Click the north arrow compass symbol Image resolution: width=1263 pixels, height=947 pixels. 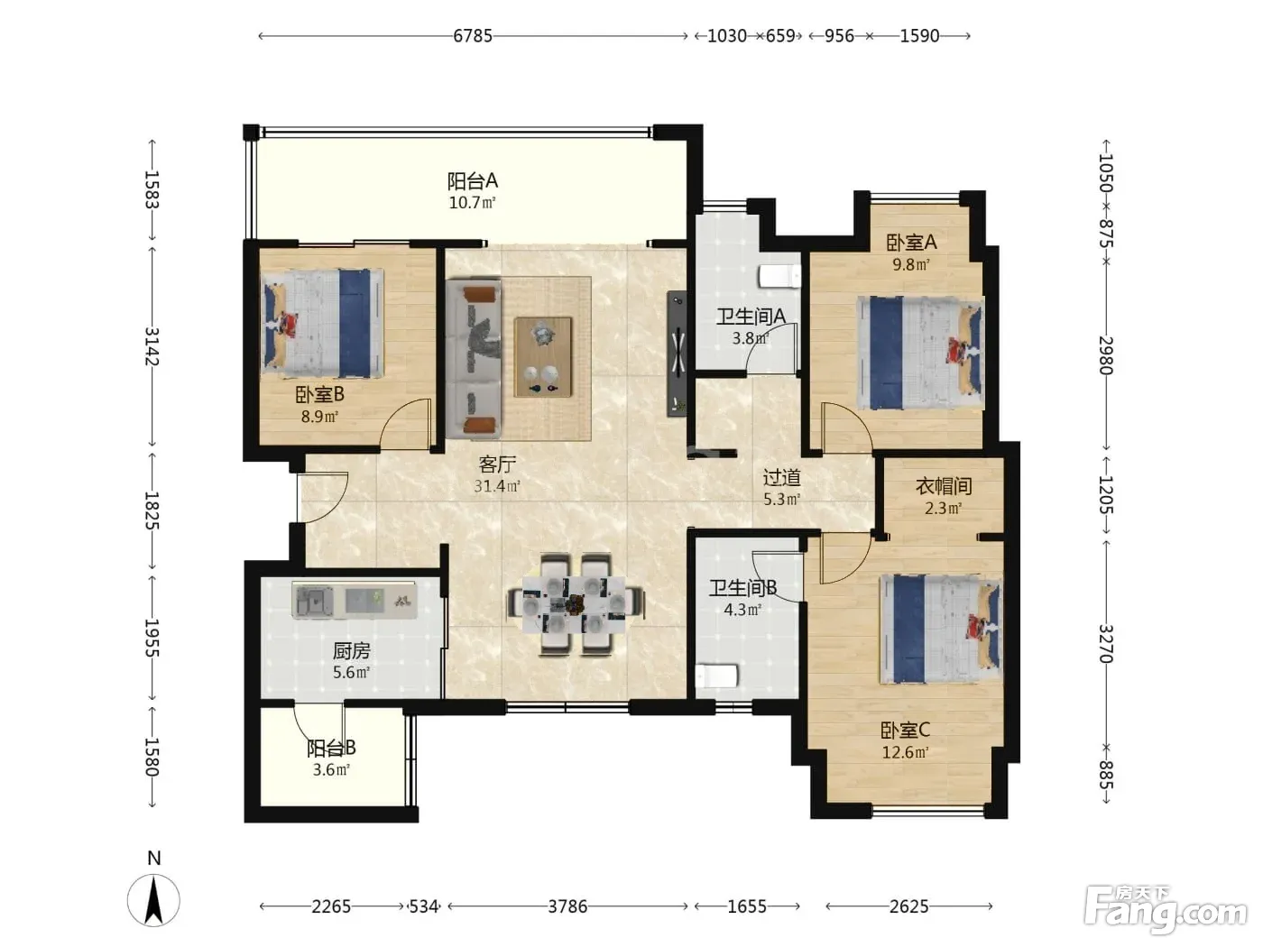pyautogui.click(x=153, y=900)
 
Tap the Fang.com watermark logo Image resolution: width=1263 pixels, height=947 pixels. pyautogui.click(x=1165, y=911)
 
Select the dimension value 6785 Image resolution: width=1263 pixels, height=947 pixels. pyautogui.click(x=473, y=36)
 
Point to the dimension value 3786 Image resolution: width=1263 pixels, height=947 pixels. pyautogui.click(x=567, y=906)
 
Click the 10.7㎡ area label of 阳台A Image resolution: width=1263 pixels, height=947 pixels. pyautogui.click(x=472, y=202)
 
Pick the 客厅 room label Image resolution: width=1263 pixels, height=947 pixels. pyautogui.click(x=497, y=464)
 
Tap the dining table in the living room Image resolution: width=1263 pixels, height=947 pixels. pyautogui.click(x=576, y=604)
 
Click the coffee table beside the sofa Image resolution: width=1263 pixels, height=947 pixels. pyautogui.click(x=543, y=356)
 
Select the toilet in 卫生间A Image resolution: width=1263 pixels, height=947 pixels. pyautogui.click(x=779, y=276)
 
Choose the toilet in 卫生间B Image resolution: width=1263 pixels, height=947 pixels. pyautogui.click(x=716, y=676)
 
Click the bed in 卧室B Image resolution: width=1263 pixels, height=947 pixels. pyautogui.click(x=322, y=323)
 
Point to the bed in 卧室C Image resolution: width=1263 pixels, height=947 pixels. pyautogui.click(x=941, y=629)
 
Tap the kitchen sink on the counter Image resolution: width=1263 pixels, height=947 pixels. pyautogui.click(x=314, y=602)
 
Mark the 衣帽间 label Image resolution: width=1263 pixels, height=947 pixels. pyautogui.click(x=944, y=486)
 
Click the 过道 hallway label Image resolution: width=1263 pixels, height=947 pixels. pyautogui.click(x=781, y=477)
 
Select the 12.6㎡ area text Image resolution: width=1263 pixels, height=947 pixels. pyautogui.click(x=906, y=752)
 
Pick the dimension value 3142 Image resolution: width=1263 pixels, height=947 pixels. pyautogui.click(x=152, y=345)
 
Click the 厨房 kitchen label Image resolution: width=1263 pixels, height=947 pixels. pyautogui.click(x=351, y=651)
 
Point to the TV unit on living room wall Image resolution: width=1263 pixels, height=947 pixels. pyautogui.click(x=677, y=354)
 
